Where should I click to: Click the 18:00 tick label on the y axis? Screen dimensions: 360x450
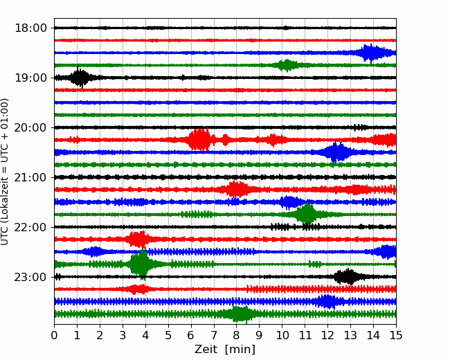[x=30, y=28]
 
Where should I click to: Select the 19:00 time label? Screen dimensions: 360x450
[x=30, y=78]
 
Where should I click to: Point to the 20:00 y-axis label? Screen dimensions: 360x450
[x=30, y=127]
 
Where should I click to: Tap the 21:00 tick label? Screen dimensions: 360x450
[x=30, y=177]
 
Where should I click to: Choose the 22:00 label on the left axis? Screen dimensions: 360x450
[x=30, y=227]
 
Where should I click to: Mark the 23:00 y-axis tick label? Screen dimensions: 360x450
[x=30, y=277]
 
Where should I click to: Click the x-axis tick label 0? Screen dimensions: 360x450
[x=55, y=336]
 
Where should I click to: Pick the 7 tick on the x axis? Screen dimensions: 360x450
[x=214, y=336]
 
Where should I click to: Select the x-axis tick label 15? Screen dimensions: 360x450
[x=395, y=336]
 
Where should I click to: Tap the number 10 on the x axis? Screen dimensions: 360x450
[x=282, y=336]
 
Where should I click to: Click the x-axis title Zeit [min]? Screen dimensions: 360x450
[x=225, y=350]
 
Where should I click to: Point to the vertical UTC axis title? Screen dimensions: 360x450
[x=6, y=171]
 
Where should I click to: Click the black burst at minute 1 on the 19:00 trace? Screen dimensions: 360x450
[x=80, y=77]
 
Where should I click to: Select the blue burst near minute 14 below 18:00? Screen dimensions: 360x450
[x=371, y=53]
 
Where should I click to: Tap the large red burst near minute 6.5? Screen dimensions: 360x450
[x=199, y=139]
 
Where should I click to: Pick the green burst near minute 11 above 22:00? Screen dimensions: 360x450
[x=305, y=214]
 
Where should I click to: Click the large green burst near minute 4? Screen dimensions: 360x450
[x=141, y=264]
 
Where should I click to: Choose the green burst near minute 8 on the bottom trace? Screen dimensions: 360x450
[x=240, y=314]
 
